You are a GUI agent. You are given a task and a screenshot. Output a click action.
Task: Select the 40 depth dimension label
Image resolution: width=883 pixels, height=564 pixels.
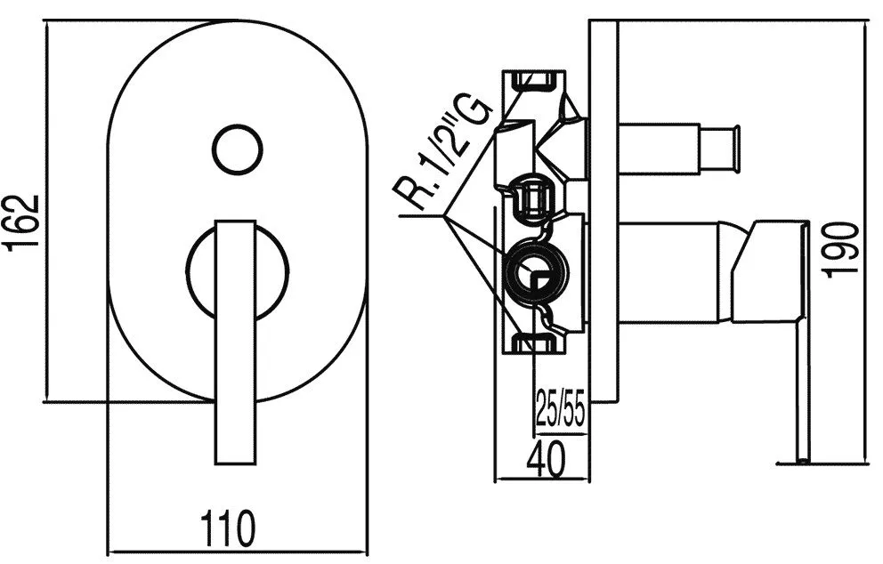[x=545, y=462]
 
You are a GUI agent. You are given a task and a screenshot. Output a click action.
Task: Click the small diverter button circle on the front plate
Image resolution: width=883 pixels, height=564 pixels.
[x=237, y=148]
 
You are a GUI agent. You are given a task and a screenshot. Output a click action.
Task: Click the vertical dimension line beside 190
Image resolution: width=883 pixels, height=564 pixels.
[x=867, y=240]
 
